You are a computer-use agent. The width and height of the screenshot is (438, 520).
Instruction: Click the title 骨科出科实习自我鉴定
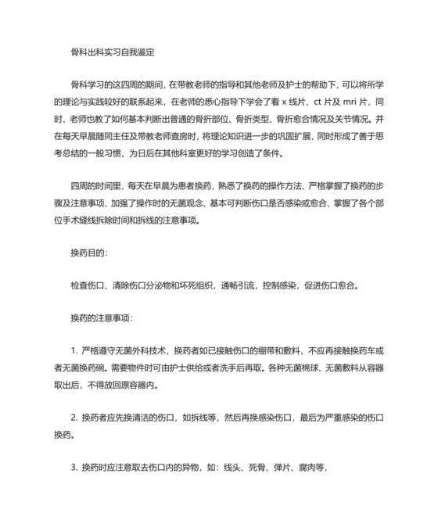click(x=112, y=53)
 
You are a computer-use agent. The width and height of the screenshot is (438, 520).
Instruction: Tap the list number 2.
click(x=73, y=418)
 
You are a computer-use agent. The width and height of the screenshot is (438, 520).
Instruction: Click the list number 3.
click(x=73, y=468)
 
